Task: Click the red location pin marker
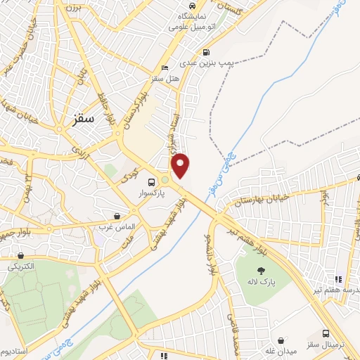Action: (181, 165)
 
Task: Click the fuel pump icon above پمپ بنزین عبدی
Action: (205, 52)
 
